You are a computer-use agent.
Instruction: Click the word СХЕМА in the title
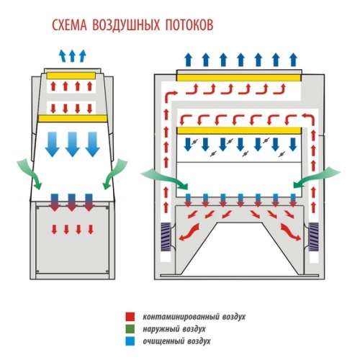pyautogui.click(x=69, y=24)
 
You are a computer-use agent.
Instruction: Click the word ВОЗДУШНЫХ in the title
pyautogui.click(x=126, y=24)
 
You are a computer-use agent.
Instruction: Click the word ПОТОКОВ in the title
pyautogui.click(x=189, y=24)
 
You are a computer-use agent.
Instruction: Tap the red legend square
pyautogui.click(x=130, y=317)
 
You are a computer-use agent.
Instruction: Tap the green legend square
pyautogui.click(x=130, y=329)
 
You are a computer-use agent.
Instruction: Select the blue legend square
pyautogui.click(x=130, y=341)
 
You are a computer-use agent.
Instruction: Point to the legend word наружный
pyautogui.click(x=159, y=329)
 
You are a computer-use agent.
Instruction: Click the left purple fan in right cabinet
pyautogui.click(x=165, y=237)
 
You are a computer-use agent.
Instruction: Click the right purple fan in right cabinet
pyautogui.click(x=313, y=237)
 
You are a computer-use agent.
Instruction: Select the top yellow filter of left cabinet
pyautogui.click(x=71, y=76)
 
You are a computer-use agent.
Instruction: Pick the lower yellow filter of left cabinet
pyautogui.click(x=73, y=118)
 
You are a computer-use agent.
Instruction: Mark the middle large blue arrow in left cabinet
pyautogui.click(x=73, y=144)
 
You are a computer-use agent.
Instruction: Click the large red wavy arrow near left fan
pyautogui.click(x=189, y=232)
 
